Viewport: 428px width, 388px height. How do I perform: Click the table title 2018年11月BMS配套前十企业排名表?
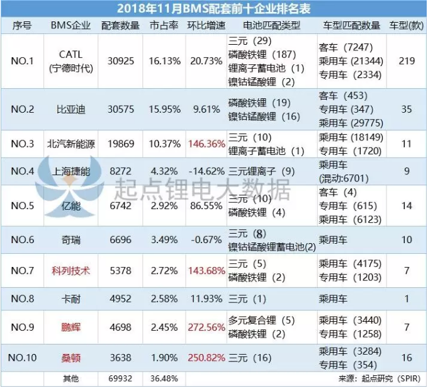pyautogui.click(x=213, y=9)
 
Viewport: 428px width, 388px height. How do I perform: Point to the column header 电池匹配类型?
pyautogui.click(x=272, y=26)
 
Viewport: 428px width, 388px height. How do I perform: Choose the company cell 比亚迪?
pyautogui.click(x=70, y=109)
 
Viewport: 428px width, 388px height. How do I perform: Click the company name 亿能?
pyautogui.click(x=70, y=205)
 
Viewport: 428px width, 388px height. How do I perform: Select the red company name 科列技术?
pyautogui.click(x=70, y=271)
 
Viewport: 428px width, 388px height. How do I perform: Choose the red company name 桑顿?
pyautogui.click(x=70, y=358)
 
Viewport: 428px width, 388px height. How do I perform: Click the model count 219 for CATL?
pyautogui.click(x=407, y=61)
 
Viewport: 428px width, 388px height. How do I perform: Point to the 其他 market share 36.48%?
pyautogui.click(x=165, y=379)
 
